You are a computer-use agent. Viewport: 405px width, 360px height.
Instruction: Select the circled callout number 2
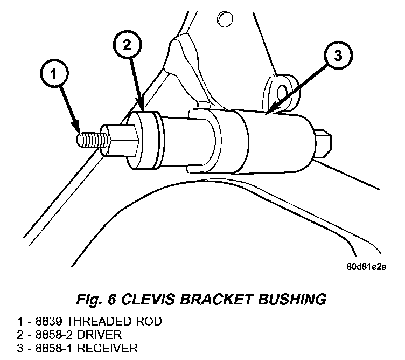click(127, 45)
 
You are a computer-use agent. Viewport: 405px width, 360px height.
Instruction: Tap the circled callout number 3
click(338, 55)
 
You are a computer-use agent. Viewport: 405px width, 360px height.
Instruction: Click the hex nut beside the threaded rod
click(120, 140)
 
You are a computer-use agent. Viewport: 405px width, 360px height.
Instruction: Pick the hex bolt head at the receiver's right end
click(323, 144)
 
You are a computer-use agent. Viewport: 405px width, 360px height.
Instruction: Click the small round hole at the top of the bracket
click(225, 19)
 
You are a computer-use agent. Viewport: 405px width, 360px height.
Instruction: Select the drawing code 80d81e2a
click(366, 267)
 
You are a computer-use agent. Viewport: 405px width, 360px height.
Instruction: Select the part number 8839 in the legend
click(49, 321)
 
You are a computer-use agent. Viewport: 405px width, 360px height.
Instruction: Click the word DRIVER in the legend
click(99, 335)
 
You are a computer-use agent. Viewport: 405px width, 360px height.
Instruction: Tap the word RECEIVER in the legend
click(108, 348)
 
